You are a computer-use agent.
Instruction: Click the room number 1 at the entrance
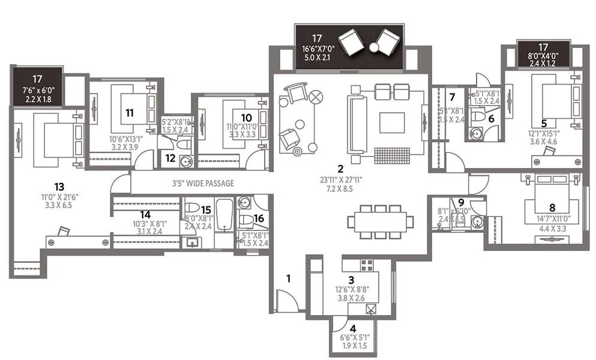[288, 278]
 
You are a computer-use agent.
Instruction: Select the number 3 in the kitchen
[352, 280]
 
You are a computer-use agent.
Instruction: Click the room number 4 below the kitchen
[353, 328]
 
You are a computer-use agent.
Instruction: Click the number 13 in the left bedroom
[59, 187]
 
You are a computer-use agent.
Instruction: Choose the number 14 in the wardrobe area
[145, 214]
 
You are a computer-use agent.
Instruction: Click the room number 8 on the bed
[552, 207]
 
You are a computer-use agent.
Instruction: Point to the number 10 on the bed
[246, 117]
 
